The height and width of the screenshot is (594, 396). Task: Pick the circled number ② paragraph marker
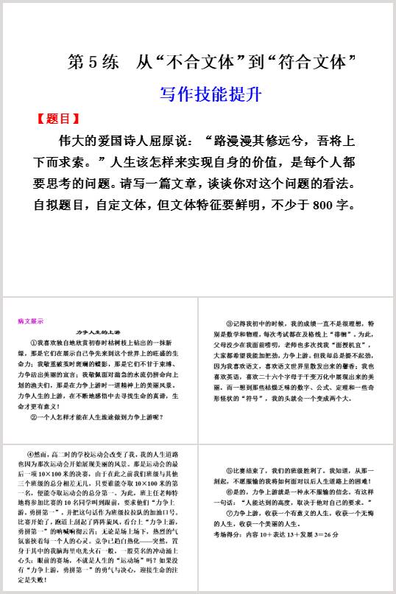click(x=34, y=417)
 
